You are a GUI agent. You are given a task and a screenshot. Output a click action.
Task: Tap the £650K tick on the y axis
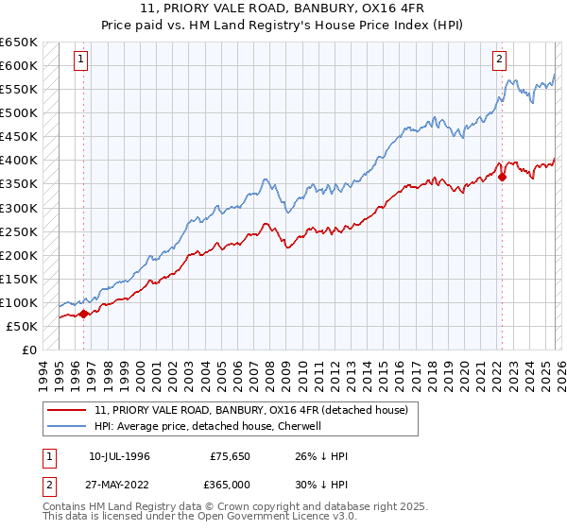tap(19, 43)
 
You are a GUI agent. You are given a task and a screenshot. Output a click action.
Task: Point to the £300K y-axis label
tap(19, 208)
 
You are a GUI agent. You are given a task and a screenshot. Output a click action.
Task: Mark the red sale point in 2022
tap(502, 176)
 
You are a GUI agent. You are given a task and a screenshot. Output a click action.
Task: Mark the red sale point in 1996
tap(83, 314)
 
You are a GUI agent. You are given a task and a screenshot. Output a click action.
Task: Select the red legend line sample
tap(68, 410)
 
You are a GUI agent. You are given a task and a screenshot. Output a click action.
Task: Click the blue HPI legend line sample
tap(68, 426)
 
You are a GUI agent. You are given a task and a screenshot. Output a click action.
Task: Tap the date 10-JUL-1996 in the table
tap(119, 456)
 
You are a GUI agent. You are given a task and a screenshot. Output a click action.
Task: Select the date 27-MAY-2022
tap(119, 483)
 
